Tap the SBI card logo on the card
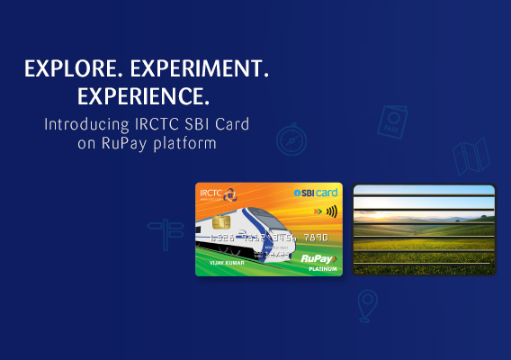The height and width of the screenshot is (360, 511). point(316,193)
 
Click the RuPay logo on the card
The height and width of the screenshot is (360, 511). point(318,256)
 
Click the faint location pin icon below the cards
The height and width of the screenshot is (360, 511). point(366,306)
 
